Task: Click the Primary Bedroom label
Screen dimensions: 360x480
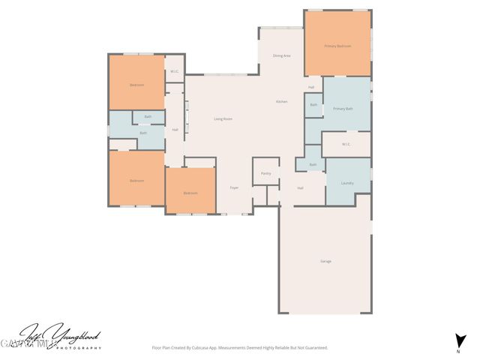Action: pos(337,46)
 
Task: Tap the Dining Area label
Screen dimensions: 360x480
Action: pos(281,55)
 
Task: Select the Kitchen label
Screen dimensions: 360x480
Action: pos(281,101)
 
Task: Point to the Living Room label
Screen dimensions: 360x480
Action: pos(223,118)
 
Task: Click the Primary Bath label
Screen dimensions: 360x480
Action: pos(343,109)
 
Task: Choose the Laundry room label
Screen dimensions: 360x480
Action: pos(347,183)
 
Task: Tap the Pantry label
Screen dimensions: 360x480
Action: pos(265,173)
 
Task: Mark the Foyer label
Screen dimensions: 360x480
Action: pos(234,187)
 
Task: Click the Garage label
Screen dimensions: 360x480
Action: pos(325,261)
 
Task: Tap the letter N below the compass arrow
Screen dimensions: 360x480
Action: pos(458,351)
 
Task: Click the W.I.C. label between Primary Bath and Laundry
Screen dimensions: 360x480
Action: pos(346,144)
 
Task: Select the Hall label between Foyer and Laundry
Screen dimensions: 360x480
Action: pos(300,187)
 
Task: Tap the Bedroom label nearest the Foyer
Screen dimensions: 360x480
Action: pos(190,193)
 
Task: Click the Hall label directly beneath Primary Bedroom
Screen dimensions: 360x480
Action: pos(310,88)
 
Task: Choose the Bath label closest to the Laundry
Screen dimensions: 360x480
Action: pos(313,164)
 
